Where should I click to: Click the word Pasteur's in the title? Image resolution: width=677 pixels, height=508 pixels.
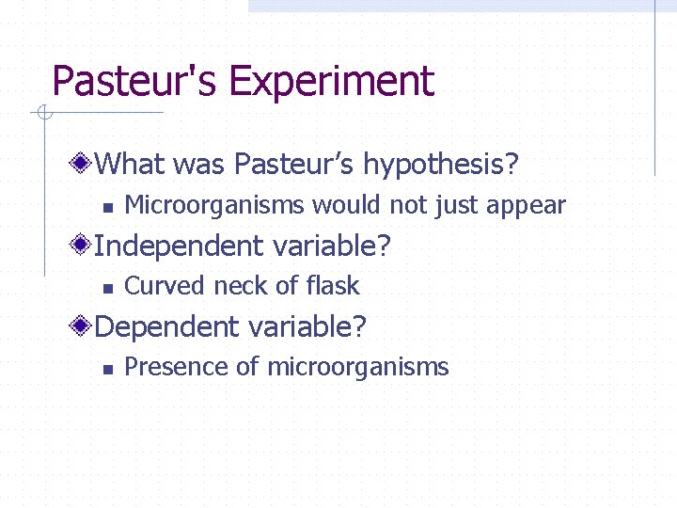click(x=134, y=82)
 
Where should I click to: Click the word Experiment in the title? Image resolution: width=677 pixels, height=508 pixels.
click(x=331, y=82)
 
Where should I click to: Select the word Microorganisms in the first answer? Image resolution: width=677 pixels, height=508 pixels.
click(x=214, y=205)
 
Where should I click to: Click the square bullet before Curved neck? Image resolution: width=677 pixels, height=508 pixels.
click(x=107, y=288)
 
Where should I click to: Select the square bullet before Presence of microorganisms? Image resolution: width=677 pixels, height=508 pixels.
click(x=107, y=369)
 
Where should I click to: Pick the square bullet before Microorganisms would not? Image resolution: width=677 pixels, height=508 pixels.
click(x=107, y=207)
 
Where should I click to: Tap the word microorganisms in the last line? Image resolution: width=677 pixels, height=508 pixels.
click(x=358, y=367)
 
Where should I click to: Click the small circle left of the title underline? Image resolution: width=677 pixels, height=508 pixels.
click(x=42, y=114)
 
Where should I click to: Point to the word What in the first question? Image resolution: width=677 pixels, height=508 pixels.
click(x=131, y=166)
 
